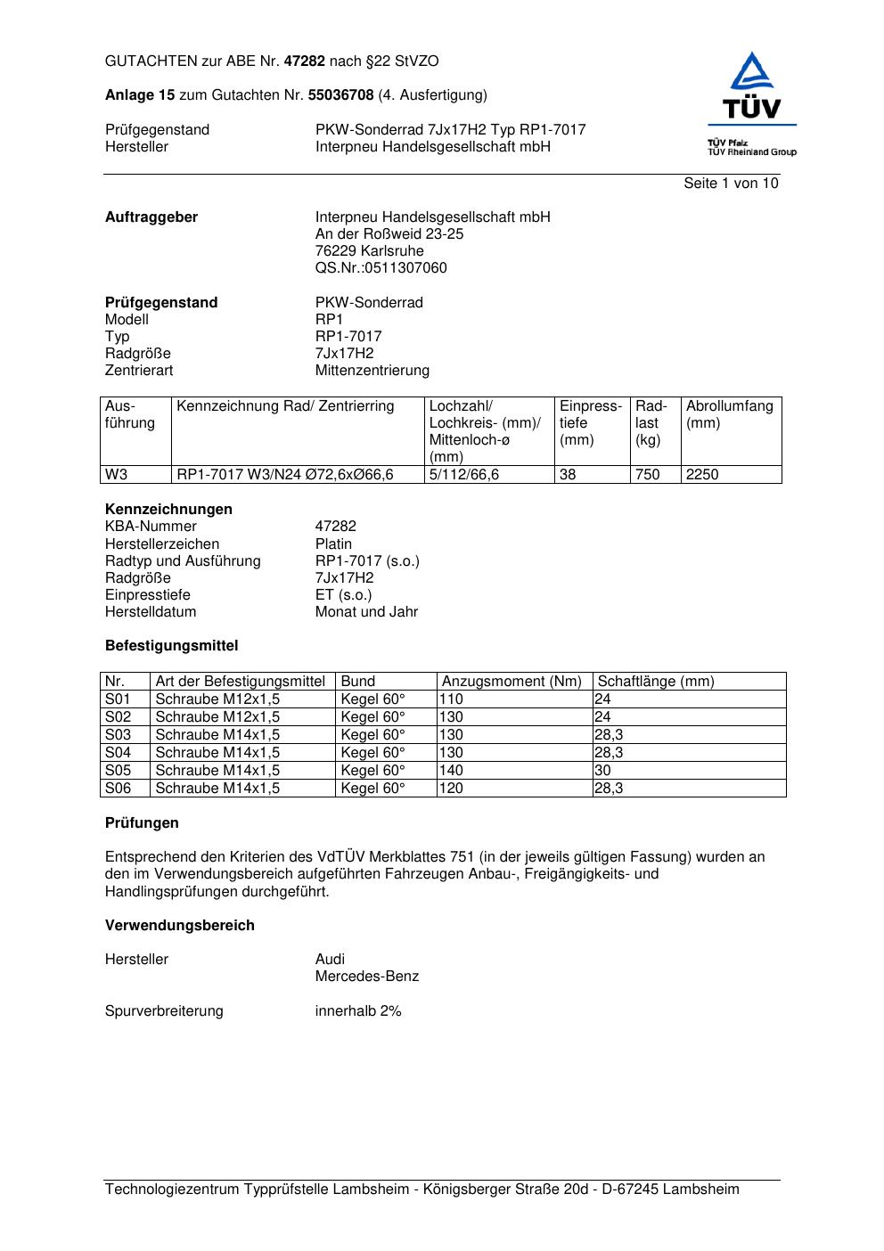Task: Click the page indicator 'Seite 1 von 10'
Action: [731, 184]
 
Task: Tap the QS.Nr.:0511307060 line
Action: [381, 268]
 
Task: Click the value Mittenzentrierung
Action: [372, 371]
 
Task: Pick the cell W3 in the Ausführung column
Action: [116, 475]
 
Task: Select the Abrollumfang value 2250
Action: [702, 475]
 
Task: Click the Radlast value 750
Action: [647, 475]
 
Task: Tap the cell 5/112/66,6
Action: [463, 475]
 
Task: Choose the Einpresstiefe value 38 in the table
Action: [568, 475]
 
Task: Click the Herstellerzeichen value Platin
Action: [333, 544]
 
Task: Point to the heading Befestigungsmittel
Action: [171, 646]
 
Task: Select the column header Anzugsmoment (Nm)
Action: [512, 682]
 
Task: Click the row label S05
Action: [118, 771]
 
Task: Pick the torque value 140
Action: [451, 771]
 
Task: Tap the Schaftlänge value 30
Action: [602, 771]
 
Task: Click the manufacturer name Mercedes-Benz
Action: [366, 977]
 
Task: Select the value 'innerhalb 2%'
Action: [358, 1011]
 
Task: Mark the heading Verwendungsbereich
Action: [180, 926]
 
